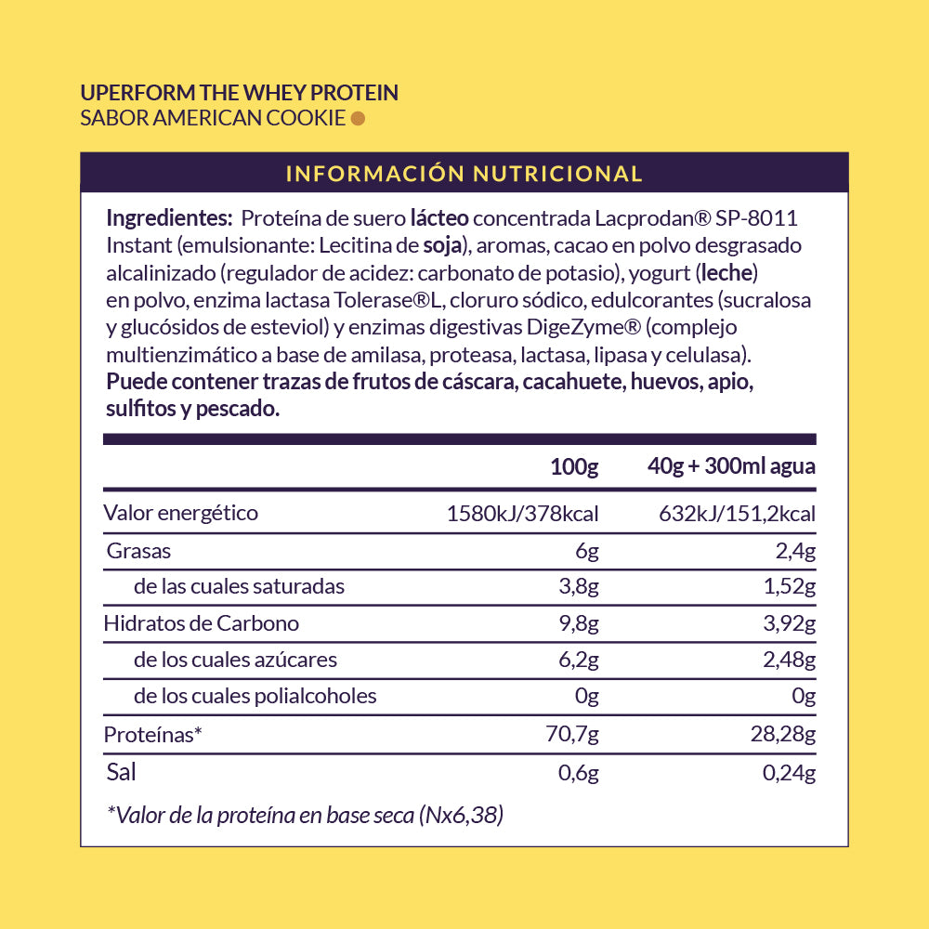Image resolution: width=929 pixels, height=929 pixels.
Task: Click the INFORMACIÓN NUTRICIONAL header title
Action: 464,174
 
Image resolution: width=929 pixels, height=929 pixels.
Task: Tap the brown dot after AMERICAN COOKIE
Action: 358,118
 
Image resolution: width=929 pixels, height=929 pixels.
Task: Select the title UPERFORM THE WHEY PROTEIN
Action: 240,93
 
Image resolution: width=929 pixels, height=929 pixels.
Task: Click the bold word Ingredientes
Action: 169,218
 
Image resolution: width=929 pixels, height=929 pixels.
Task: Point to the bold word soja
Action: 442,246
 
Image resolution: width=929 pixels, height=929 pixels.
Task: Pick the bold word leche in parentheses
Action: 726,273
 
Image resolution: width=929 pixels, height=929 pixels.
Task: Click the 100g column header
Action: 574,466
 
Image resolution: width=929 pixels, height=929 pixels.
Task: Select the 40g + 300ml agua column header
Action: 731,466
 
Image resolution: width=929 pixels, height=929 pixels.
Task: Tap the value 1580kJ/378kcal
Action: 523,514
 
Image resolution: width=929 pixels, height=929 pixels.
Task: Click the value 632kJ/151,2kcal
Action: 737,514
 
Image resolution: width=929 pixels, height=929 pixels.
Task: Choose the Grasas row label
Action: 139,550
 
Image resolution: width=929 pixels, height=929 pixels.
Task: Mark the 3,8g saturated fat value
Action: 581,587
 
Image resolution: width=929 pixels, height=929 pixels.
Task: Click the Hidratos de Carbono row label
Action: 202,623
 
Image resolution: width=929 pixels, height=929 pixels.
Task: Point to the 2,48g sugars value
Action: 790,661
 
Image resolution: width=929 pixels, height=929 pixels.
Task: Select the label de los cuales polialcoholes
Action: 255,696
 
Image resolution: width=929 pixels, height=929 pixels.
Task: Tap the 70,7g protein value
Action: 574,735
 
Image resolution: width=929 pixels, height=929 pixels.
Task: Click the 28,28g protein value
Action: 783,735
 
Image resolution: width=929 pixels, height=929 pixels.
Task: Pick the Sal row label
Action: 122,771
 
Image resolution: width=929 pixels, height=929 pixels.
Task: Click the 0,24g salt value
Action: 790,772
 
